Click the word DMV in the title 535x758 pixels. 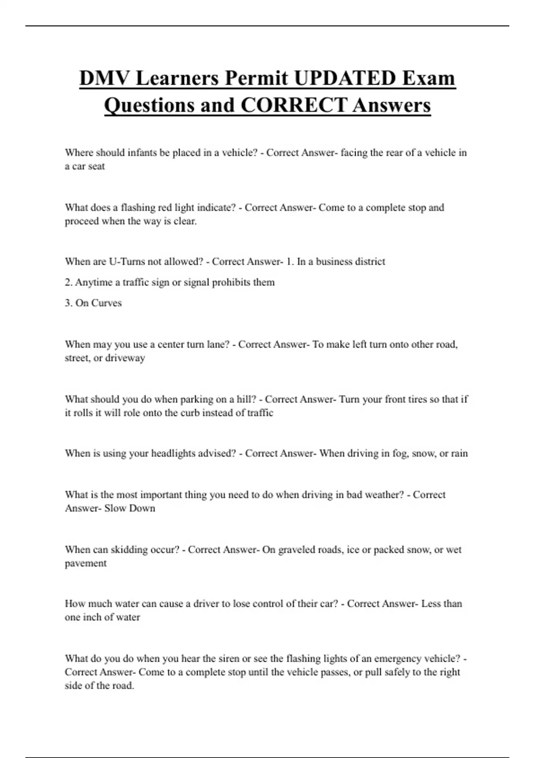pyautogui.click(x=104, y=78)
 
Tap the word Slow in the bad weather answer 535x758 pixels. pyautogui.click(x=115, y=508)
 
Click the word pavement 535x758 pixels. pyautogui.click(x=86, y=564)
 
